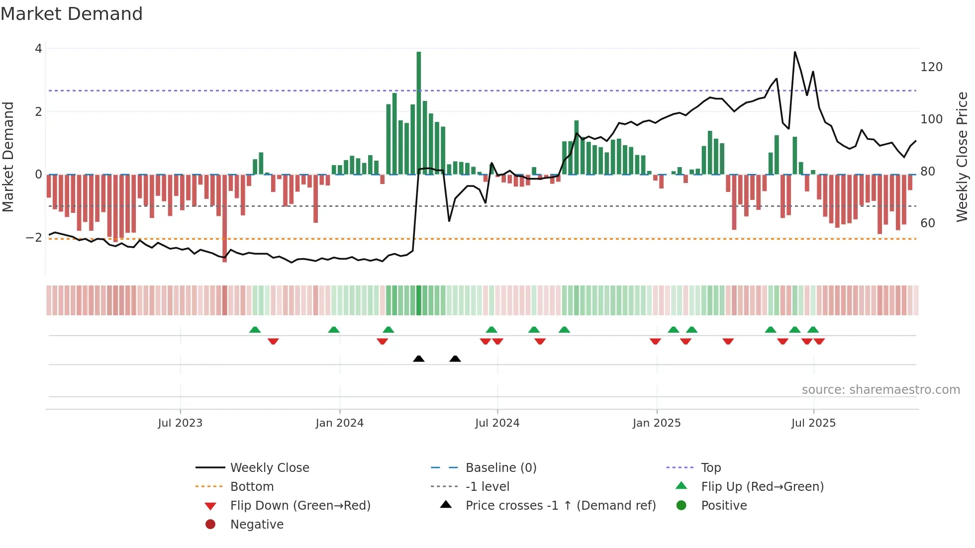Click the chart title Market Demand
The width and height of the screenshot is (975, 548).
pyautogui.click(x=72, y=14)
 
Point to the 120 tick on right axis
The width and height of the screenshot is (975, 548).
pyautogui.click(x=931, y=67)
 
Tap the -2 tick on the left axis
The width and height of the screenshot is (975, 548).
pyautogui.click(x=34, y=238)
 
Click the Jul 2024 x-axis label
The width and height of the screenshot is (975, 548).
pyautogui.click(x=497, y=423)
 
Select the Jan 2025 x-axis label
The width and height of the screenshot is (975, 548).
pyautogui.click(x=657, y=423)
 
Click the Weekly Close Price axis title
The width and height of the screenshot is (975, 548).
pyautogui.click(x=962, y=157)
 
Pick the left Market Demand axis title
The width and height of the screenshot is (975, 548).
pyautogui.click(x=8, y=157)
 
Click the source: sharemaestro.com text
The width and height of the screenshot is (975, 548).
pyautogui.click(x=880, y=390)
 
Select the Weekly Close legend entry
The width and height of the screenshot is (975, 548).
pyautogui.click(x=269, y=468)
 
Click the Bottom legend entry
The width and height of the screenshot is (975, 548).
pyautogui.click(x=252, y=487)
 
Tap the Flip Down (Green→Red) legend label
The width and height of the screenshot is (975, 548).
pyautogui.click(x=300, y=506)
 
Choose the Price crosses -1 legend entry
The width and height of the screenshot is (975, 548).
pyautogui.click(x=561, y=506)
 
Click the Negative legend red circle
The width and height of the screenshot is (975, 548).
pyautogui.click(x=210, y=525)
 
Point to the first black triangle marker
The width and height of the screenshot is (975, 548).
pyautogui.click(x=419, y=359)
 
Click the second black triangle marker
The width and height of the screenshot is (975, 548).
pyautogui.click(x=455, y=359)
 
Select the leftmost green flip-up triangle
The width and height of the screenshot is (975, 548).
pyautogui.click(x=255, y=330)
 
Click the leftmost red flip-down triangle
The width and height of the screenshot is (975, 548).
pyautogui.click(x=273, y=341)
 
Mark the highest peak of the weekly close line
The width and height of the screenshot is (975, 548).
pyautogui.click(x=795, y=52)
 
